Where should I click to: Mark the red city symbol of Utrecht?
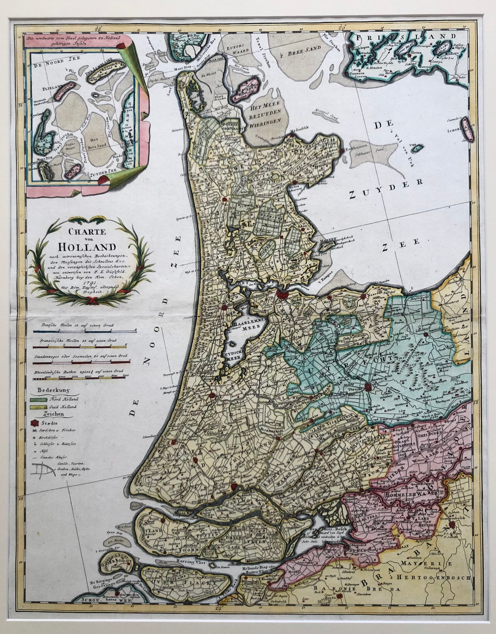[x=368, y=386]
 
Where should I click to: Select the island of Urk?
[x=418, y=149]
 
